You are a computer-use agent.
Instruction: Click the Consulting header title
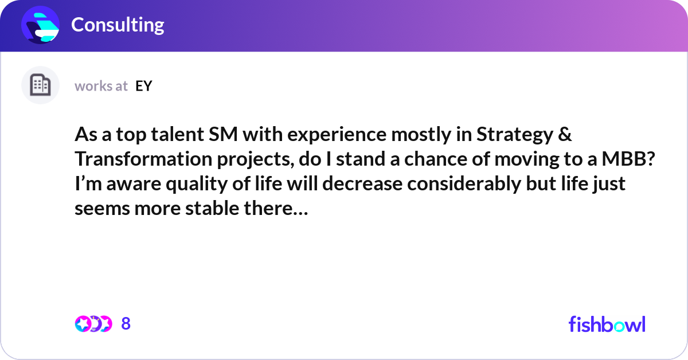point(118,25)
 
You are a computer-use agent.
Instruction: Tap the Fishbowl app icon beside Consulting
point(41,25)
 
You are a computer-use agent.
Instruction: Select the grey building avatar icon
point(40,85)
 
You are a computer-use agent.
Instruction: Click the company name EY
point(144,86)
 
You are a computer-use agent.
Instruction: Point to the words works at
point(101,86)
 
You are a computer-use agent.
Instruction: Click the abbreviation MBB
point(629,159)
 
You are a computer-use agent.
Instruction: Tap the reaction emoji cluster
point(93,324)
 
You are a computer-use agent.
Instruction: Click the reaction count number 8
point(126,324)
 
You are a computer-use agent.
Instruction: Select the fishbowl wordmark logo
point(607,324)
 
